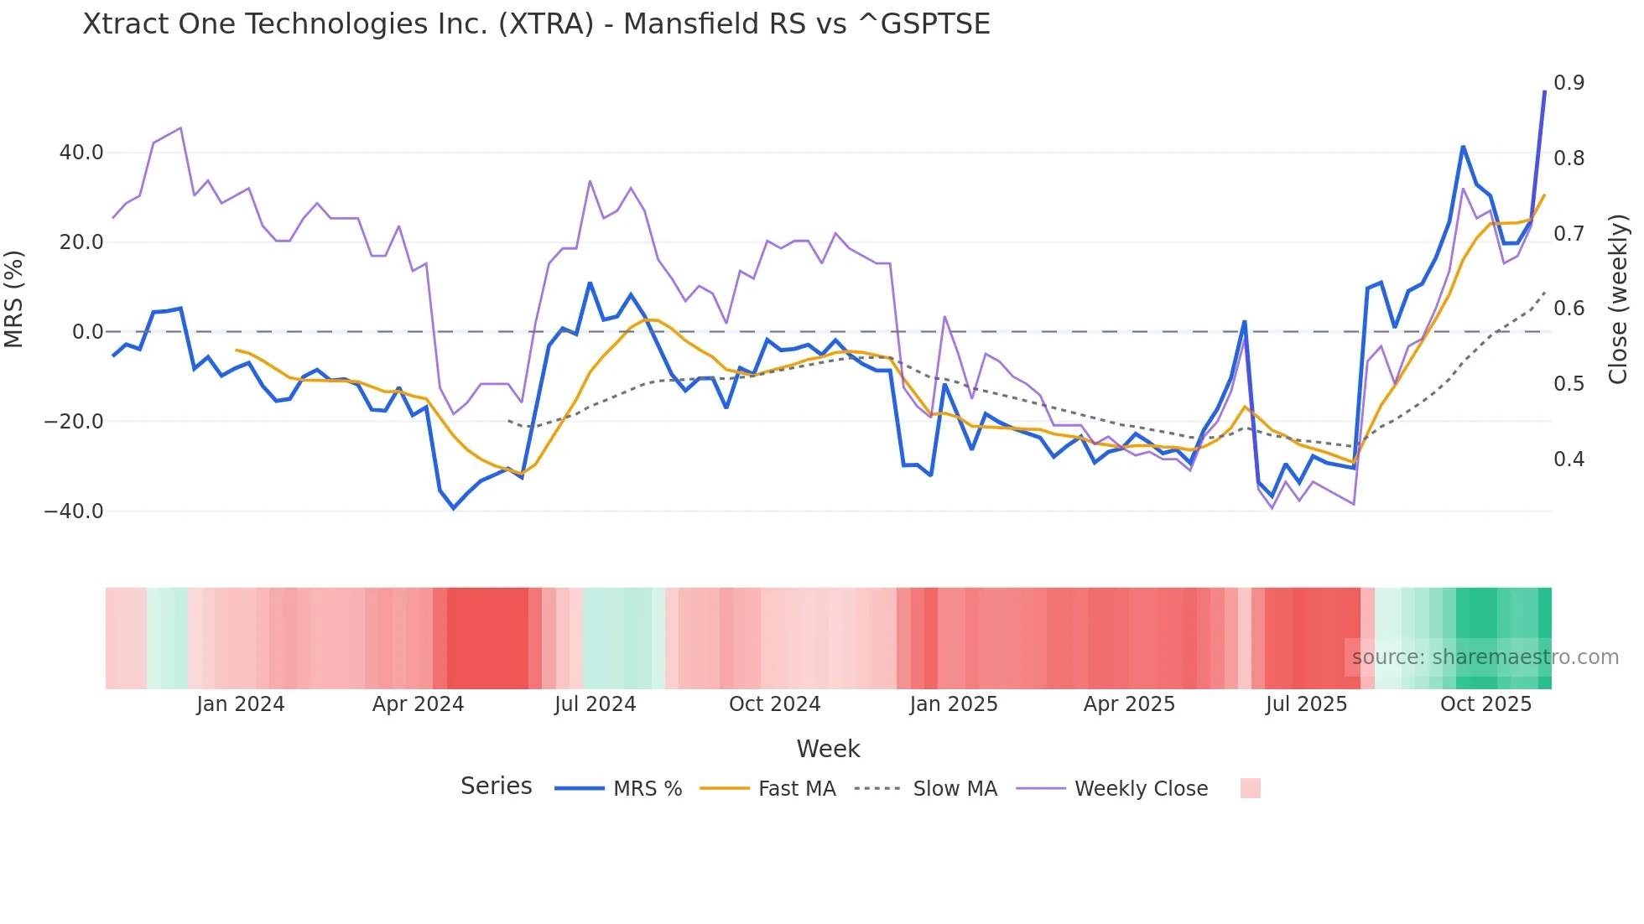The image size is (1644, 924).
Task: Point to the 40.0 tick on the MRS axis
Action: tap(81, 153)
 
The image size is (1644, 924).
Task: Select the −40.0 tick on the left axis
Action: tap(75, 511)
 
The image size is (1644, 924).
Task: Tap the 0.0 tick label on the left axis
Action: tap(87, 332)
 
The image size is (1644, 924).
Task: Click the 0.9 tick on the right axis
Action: tap(1569, 82)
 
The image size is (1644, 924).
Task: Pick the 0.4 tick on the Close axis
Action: tap(1569, 459)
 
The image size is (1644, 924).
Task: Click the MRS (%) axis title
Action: tap(14, 298)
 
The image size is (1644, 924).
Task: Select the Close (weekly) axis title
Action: tap(1618, 298)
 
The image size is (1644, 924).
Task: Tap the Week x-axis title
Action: tap(828, 749)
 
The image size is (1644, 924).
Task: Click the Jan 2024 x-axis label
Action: tap(241, 704)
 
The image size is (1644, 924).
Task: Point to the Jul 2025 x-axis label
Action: tap(1306, 704)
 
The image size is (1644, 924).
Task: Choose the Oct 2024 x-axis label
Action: tap(774, 704)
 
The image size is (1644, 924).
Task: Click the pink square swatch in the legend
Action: tap(1250, 788)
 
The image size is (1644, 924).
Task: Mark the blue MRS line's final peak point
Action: tap(1544, 91)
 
